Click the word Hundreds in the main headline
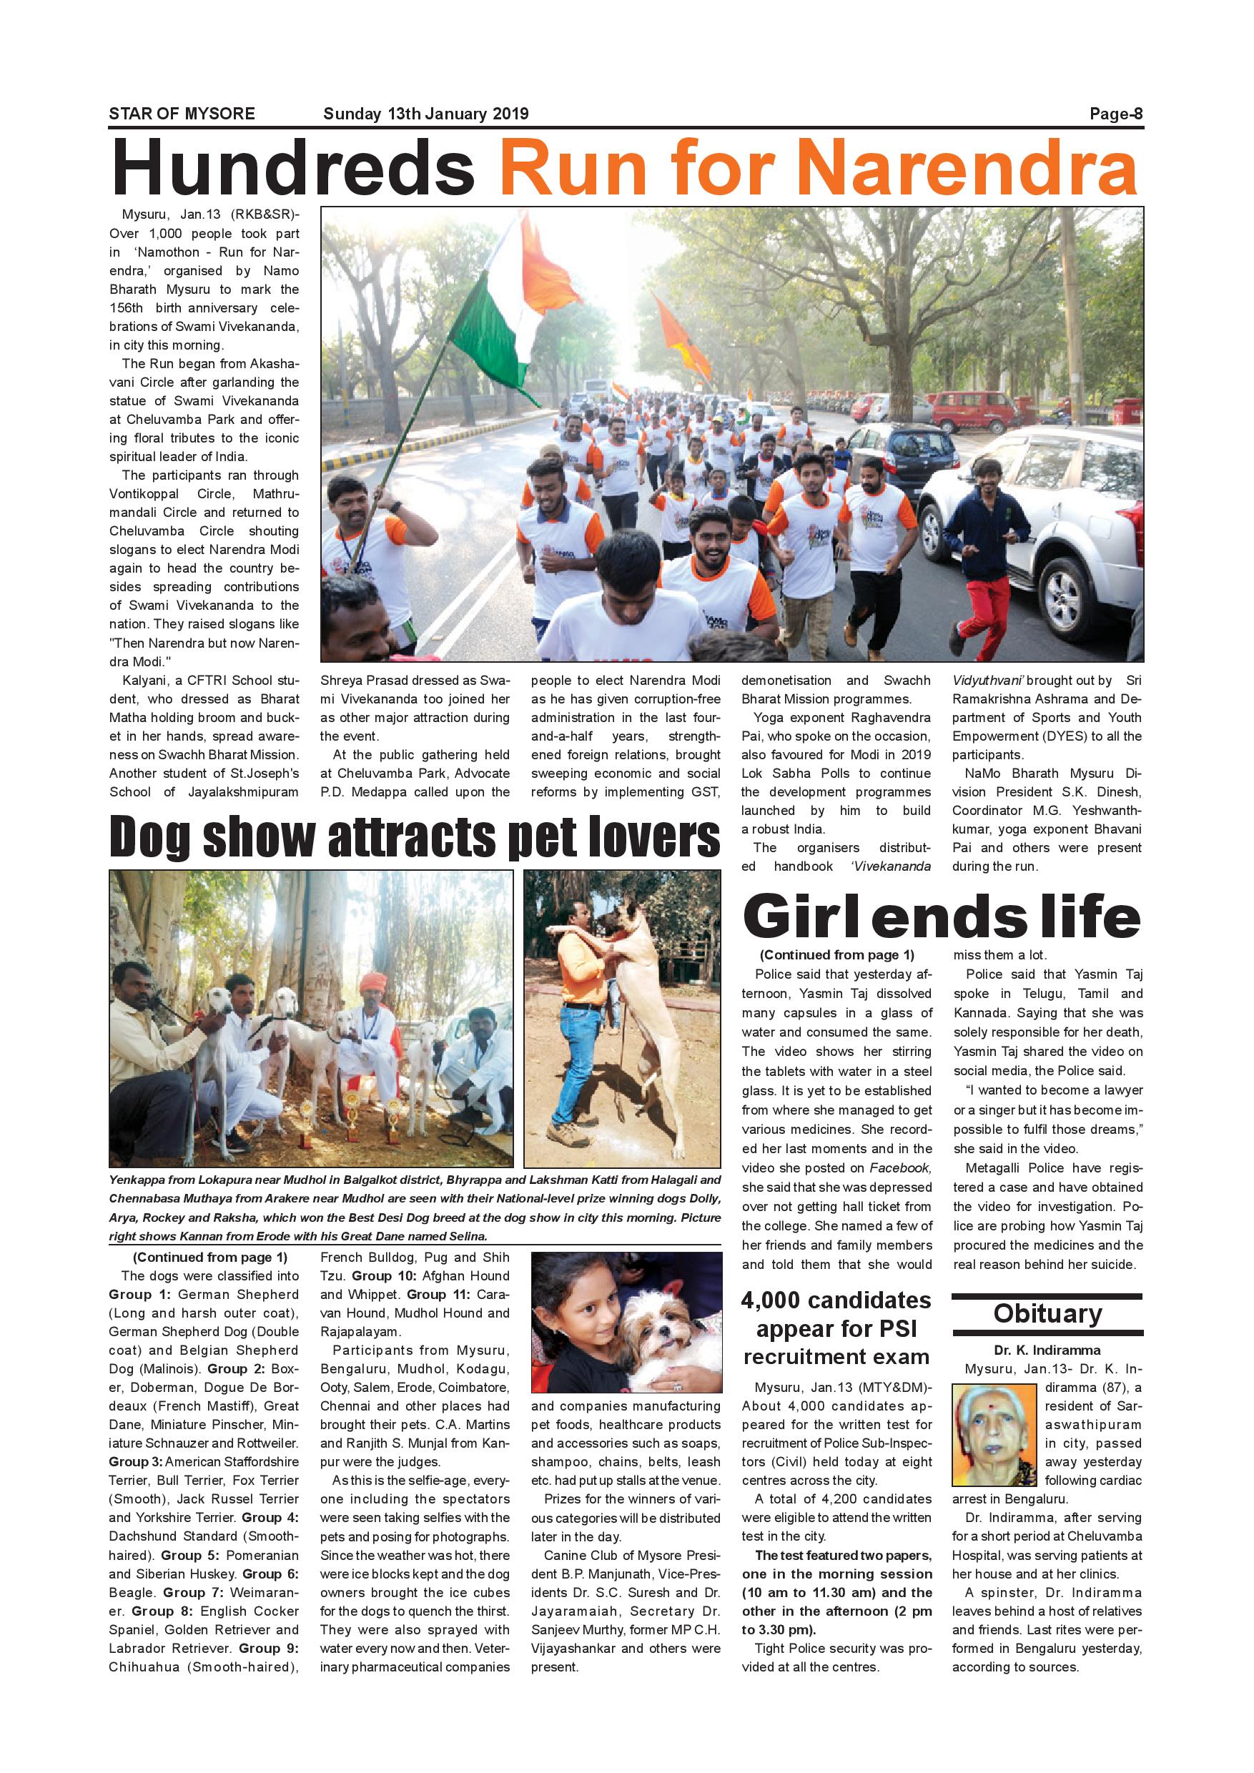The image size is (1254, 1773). [x=292, y=167]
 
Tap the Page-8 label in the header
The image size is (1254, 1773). [x=1115, y=114]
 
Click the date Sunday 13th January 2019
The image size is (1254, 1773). [x=425, y=114]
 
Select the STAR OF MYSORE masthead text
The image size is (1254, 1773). [x=182, y=114]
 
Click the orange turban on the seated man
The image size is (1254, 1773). [x=375, y=981]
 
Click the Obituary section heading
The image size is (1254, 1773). [x=1047, y=1313]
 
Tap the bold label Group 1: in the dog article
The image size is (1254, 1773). [x=139, y=1294]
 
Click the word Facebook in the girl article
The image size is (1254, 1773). [x=900, y=1167]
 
